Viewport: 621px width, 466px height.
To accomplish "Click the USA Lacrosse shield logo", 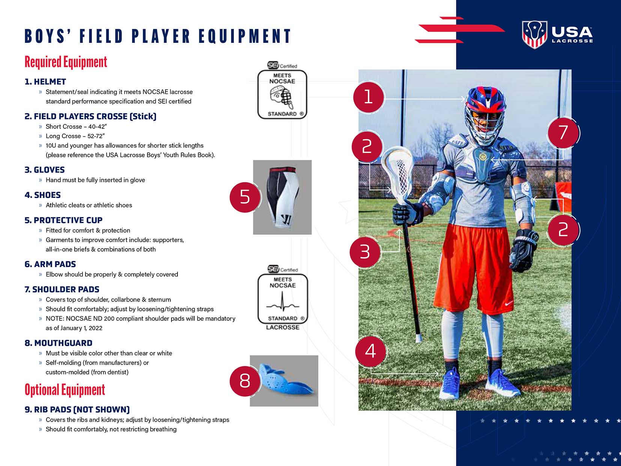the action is pyautogui.click(x=534, y=35).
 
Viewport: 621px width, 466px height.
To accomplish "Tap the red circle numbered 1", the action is pyautogui.click(x=368, y=97).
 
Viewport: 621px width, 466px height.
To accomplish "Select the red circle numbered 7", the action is pyautogui.click(x=563, y=133).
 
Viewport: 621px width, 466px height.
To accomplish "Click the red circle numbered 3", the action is pyautogui.click(x=365, y=252).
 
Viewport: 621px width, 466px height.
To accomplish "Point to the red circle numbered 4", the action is pyautogui.click(x=371, y=351).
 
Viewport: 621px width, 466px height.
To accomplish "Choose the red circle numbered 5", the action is pyautogui.click(x=245, y=197).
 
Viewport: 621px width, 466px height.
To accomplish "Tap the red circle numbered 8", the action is pyautogui.click(x=245, y=380).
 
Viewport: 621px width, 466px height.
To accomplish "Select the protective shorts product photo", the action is pyautogui.click(x=282, y=197).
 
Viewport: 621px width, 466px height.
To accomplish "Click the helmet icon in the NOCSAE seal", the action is pyautogui.click(x=282, y=97).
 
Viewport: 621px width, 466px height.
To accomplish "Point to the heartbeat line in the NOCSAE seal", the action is pyautogui.click(x=283, y=302).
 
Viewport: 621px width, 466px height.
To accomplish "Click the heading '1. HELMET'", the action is pyautogui.click(x=45, y=82).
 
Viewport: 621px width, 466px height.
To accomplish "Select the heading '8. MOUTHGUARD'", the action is pyautogui.click(x=58, y=343).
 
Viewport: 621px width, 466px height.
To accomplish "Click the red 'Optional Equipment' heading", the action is pyautogui.click(x=65, y=390).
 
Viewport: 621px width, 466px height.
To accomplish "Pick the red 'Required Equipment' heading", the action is pyautogui.click(x=66, y=62).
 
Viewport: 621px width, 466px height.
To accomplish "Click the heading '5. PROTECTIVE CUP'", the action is pyautogui.click(x=63, y=220).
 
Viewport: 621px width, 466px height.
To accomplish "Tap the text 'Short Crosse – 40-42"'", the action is pyautogui.click(x=76, y=127).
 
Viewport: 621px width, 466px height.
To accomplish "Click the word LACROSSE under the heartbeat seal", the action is pyautogui.click(x=283, y=327).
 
